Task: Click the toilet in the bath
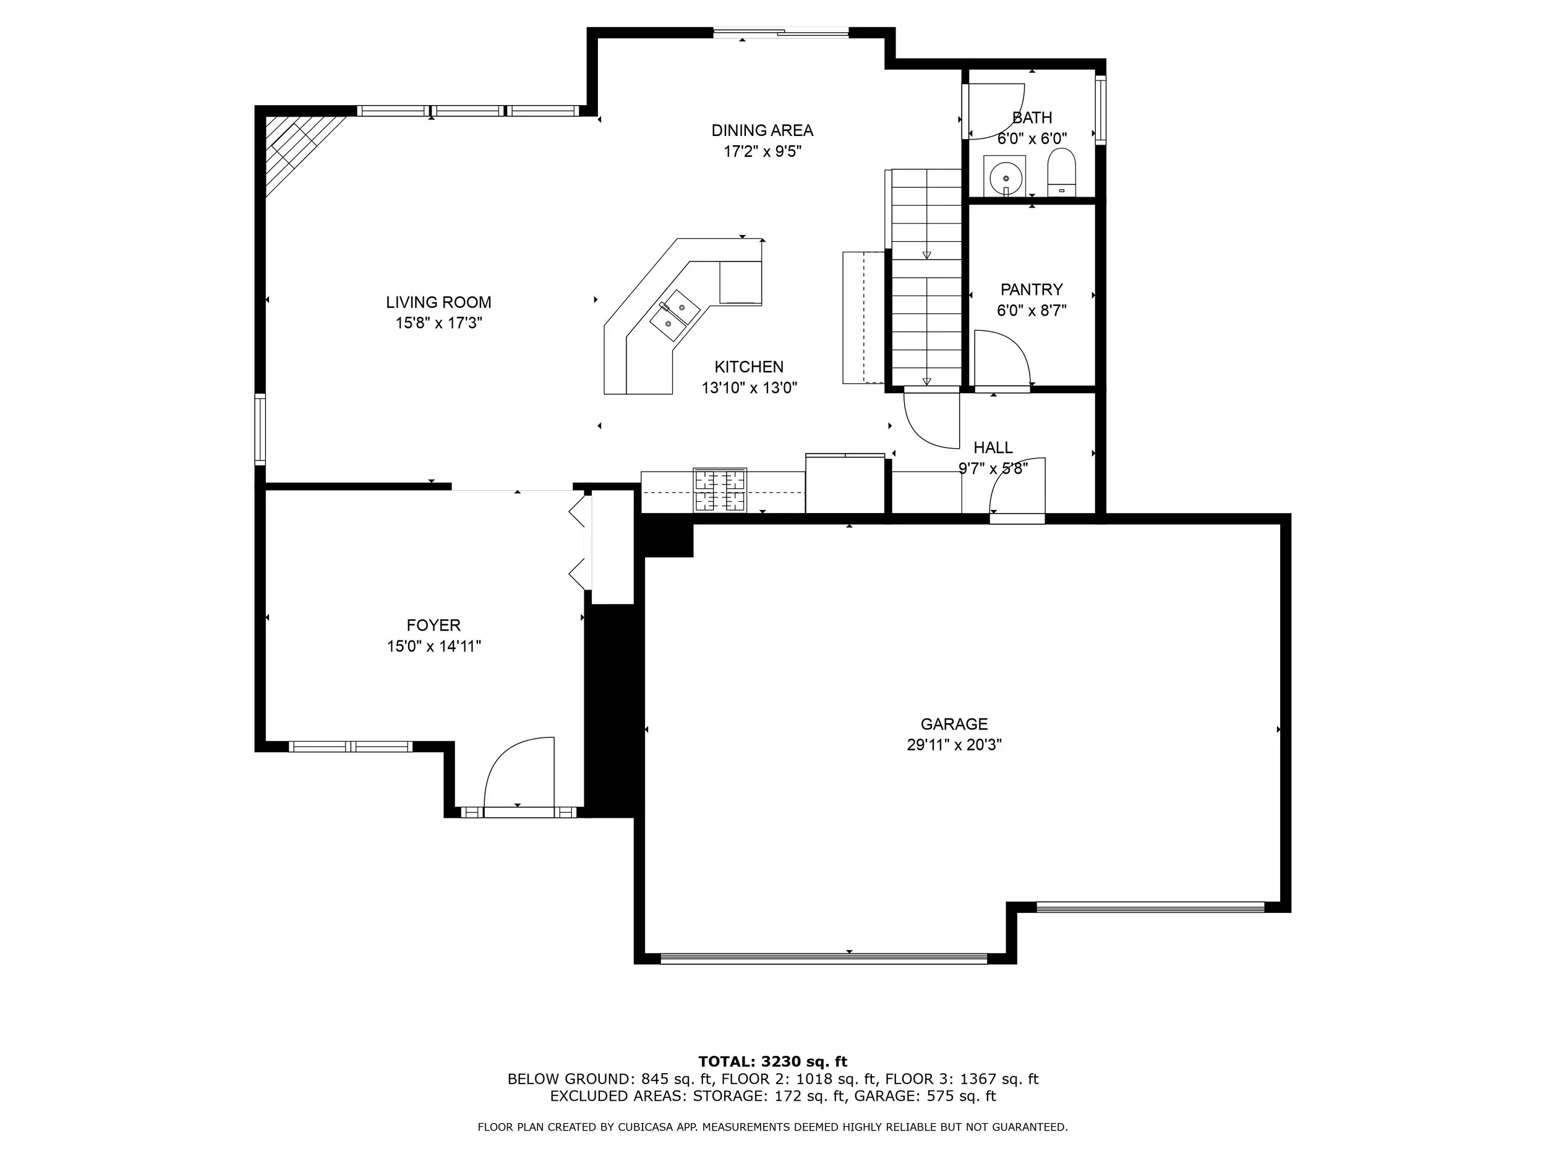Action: pyautogui.click(x=1062, y=172)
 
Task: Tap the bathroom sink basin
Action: pyautogui.click(x=1005, y=176)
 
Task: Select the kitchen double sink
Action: pyautogui.click(x=675, y=315)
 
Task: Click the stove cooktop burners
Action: pyautogui.click(x=720, y=490)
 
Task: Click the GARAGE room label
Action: pyautogui.click(x=954, y=724)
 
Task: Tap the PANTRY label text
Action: pyautogui.click(x=1031, y=289)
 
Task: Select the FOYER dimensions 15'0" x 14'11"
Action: pyautogui.click(x=434, y=646)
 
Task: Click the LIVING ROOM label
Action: pyautogui.click(x=439, y=302)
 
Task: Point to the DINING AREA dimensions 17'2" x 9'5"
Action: pyautogui.click(x=762, y=151)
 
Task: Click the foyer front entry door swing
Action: pyautogui.click(x=519, y=772)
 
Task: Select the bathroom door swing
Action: pyautogui.click(x=995, y=112)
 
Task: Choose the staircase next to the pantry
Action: pyautogui.click(x=926, y=277)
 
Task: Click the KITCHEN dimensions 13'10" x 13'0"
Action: pyautogui.click(x=750, y=388)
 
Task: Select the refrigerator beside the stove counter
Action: pyautogui.click(x=845, y=483)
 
